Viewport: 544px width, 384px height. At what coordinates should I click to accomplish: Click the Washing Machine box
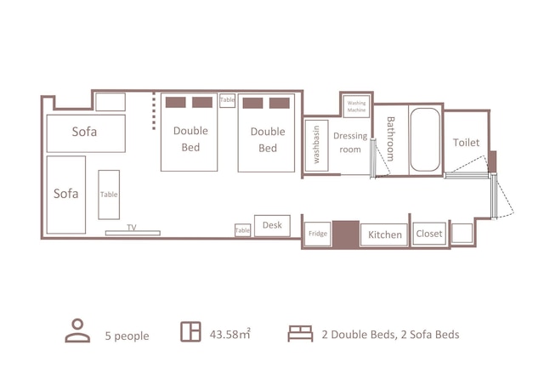(x=356, y=106)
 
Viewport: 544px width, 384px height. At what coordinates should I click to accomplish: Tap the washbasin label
(x=316, y=144)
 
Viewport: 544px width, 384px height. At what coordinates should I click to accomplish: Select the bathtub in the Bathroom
(x=425, y=139)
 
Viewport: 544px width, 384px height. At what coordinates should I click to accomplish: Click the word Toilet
(x=466, y=142)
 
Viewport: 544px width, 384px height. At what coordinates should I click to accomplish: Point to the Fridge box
(x=317, y=234)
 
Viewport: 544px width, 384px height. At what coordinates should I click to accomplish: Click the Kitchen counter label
(x=385, y=234)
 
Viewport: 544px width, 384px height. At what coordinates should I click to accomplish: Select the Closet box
(x=429, y=234)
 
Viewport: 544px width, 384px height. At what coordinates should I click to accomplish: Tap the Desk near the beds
(x=272, y=226)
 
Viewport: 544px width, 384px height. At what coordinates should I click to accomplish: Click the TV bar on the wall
(x=133, y=233)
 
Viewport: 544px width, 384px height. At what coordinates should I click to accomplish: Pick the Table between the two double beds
(x=227, y=100)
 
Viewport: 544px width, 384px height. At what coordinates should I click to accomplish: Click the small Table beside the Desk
(x=242, y=230)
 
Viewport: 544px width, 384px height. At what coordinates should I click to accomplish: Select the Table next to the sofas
(x=109, y=195)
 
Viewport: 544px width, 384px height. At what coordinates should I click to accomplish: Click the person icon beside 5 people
(x=77, y=330)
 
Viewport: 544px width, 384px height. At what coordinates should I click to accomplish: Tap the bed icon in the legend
(x=300, y=334)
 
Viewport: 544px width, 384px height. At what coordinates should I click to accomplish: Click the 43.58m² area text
(x=229, y=334)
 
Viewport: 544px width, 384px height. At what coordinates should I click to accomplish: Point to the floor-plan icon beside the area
(x=190, y=332)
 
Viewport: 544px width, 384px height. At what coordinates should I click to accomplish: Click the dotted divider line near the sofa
(x=154, y=111)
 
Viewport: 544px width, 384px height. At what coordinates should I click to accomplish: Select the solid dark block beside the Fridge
(x=346, y=234)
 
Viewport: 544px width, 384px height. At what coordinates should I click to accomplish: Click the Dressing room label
(x=350, y=142)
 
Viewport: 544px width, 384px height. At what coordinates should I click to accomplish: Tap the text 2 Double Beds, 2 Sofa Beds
(x=391, y=335)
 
